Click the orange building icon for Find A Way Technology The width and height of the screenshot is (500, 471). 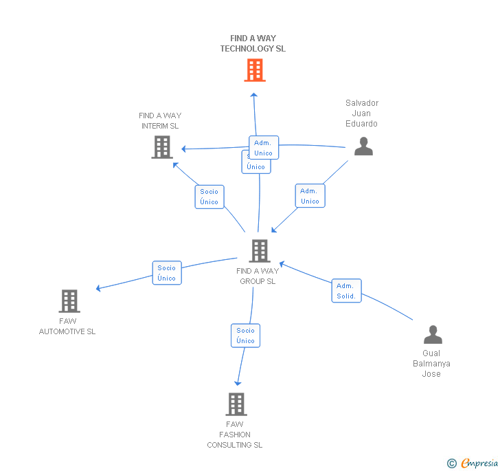pyautogui.click(x=254, y=70)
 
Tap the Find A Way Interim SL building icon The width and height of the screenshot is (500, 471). pyautogui.click(x=161, y=146)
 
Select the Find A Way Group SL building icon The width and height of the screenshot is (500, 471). pyautogui.click(x=259, y=251)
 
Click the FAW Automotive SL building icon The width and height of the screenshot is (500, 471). pyautogui.click(x=69, y=300)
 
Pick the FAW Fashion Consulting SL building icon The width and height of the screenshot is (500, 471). pyautogui.click(x=236, y=404)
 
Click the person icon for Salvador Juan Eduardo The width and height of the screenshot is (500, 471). pyautogui.click(x=363, y=146)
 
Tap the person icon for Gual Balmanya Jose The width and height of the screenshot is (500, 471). pyautogui.click(x=433, y=335)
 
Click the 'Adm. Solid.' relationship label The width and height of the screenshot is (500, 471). pyautogui.click(x=346, y=291)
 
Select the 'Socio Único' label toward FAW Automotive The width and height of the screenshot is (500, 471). pyautogui.click(x=166, y=273)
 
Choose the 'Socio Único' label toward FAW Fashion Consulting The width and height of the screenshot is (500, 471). pyautogui.click(x=245, y=336)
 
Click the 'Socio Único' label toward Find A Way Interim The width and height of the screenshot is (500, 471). pyautogui.click(x=209, y=197)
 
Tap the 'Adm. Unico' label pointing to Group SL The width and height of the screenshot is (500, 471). pyautogui.click(x=310, y=196)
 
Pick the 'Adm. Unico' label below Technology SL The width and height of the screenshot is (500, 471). pyautogui.click(x=264, y=148)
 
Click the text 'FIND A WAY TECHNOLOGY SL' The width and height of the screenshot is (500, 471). pyautogui.click(x=253, y=43)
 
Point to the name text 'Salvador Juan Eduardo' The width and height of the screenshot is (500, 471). pyautogui.click(x=362, y=113)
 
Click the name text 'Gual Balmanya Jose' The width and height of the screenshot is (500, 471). pyautogui.click(x=431, y=364)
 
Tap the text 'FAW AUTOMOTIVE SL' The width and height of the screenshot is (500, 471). pyautogui.click(x=67, y=326)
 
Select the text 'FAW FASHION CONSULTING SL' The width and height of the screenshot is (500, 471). pyautogui.click(x=235, y=435)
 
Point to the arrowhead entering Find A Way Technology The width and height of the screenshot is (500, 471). pyautogui.click(x=253, y=95)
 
